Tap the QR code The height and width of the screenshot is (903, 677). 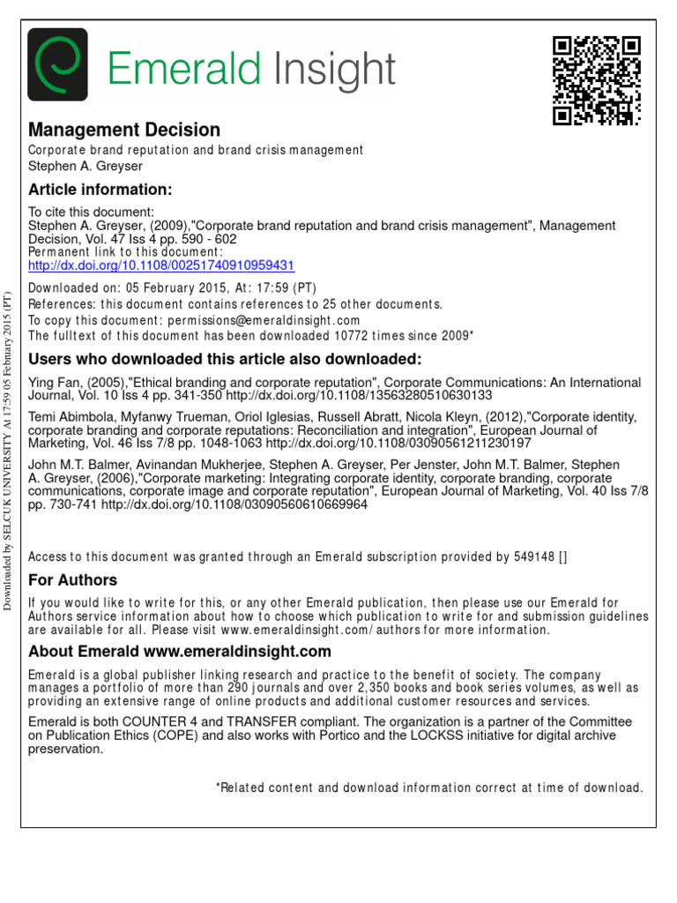[596, 80]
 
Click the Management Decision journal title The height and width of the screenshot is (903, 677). [124, 131]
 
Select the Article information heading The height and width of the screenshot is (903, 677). [100, 190]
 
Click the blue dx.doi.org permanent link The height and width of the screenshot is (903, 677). [161, 265]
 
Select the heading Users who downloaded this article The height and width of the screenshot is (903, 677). [225, 359]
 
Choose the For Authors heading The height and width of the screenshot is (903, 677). [72, 579]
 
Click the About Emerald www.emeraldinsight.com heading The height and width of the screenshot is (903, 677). [180, 652]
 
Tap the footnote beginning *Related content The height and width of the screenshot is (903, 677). [429, 787]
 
